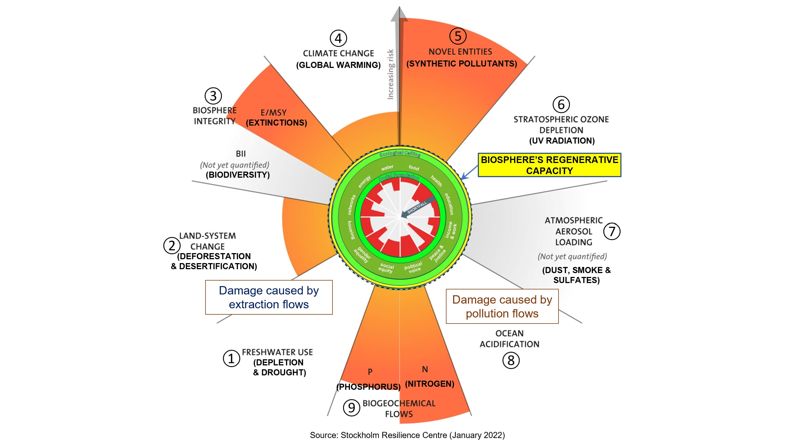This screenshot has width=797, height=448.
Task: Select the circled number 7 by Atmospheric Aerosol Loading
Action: point(612,231)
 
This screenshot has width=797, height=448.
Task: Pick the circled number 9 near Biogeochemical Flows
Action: point(351,408)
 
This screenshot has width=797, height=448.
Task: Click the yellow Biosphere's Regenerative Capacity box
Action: point(549,165)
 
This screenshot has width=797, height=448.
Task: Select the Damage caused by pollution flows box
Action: point(502,306)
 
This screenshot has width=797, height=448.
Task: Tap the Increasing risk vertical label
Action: point(390,74)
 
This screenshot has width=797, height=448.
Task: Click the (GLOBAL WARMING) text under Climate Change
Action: point(338,65)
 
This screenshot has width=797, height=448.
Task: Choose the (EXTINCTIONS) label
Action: point(276,123)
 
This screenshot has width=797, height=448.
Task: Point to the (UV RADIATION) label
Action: point(562,141)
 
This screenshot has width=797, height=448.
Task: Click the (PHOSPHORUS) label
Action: point(368,387)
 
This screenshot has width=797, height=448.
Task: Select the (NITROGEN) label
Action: point(430,384)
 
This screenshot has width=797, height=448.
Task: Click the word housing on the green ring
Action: point(351,230)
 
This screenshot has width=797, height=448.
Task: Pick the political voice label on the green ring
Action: point(413,267)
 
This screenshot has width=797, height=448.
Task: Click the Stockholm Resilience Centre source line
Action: point(407,435)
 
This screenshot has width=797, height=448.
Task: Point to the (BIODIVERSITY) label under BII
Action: point(238,175)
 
